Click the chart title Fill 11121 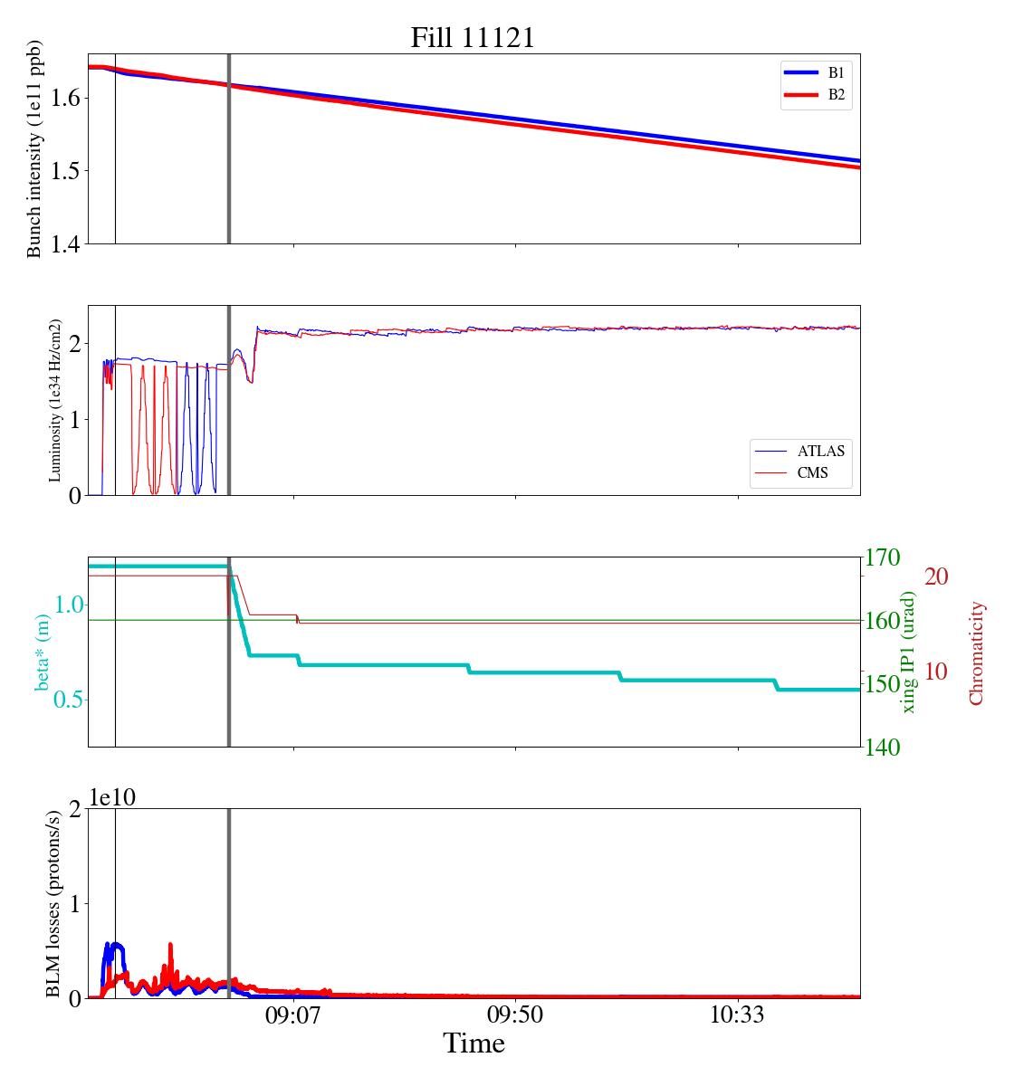click(473, 38)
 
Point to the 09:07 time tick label click(293, 1015)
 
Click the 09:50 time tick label click(515, 1015)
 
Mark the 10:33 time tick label click(737, 1015)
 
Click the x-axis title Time click(474, 1044)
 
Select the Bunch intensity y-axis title click(34, 148)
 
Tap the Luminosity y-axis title click(55, 400)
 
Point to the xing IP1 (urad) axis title click(909, 652)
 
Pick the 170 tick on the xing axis click(884, 557)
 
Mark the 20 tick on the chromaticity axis click(936, 576)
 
